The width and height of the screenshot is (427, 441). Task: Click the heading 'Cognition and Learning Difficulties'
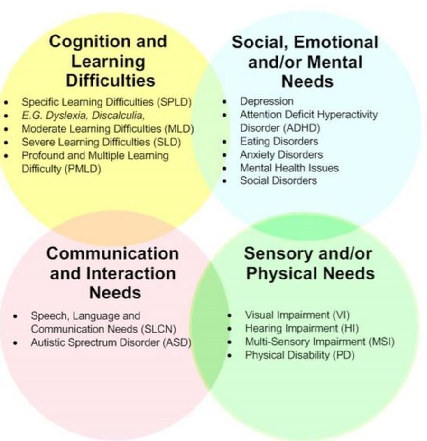(x=108, y=61)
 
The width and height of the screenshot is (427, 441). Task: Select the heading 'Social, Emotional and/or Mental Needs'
(x=305, y=62)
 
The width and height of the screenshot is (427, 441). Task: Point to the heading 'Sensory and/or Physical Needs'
(x=308, y=263)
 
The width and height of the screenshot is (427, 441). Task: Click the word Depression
(x=267, y=101)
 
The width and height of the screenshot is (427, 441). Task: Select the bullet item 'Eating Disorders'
(x=279, y=141)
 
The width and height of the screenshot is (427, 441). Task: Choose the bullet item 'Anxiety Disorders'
(x=281, y=154)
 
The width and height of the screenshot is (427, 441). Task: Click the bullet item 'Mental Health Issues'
(x=289, y=168)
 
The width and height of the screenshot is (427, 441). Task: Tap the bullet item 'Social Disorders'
(x=278, y=180)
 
